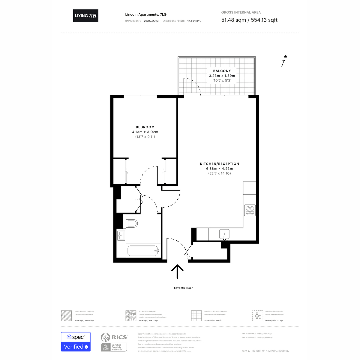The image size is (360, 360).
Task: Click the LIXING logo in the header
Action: point(85,16)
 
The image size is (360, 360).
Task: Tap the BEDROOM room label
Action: point(145,127)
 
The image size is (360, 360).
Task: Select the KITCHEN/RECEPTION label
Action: point(220,164)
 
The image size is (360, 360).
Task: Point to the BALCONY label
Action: point(222,71)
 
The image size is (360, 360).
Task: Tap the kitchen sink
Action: point(224,234)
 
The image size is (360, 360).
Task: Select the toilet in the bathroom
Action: point(132,223)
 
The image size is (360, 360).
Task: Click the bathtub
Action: point(143,251)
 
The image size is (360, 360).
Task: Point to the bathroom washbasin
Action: point(121,235)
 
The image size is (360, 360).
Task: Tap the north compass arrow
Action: point(284,61)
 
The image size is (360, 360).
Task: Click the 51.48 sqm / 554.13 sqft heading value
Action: point(249,20)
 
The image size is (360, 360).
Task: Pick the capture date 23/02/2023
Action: point(151,21)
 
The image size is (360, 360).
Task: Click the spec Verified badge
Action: point(76,342)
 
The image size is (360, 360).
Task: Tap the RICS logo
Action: point(114,337)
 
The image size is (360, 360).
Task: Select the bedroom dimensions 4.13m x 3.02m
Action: point(145,132)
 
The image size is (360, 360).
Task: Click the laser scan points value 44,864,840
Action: point(194,21)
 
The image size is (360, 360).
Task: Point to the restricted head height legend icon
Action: point(257,316)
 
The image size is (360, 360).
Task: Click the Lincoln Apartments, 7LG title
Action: point(146,14)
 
